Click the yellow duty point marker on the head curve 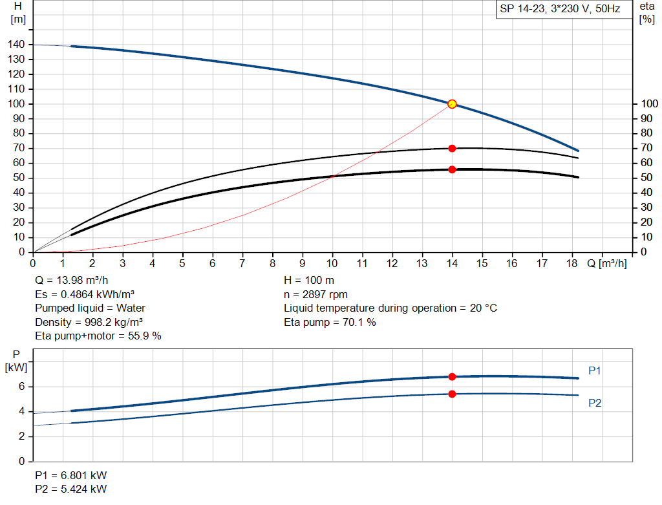pos(452,104)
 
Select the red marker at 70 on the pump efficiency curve pos(452,149)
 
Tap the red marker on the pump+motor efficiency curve pos(452,169)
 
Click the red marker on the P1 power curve pos(452,376)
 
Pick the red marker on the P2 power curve pos(452,394)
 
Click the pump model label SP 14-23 pos(560,10)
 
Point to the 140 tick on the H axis pos(17,45)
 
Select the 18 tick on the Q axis pos(572,263)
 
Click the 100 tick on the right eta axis pos(648,104)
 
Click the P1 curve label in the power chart pos(595,371)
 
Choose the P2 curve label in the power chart pos(595,403)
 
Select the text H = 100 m pos(309,281)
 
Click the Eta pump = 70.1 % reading pos(330,322)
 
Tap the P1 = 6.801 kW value pos(71,475)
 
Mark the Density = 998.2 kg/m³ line pos(89,322)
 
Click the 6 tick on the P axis pos(21,387)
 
